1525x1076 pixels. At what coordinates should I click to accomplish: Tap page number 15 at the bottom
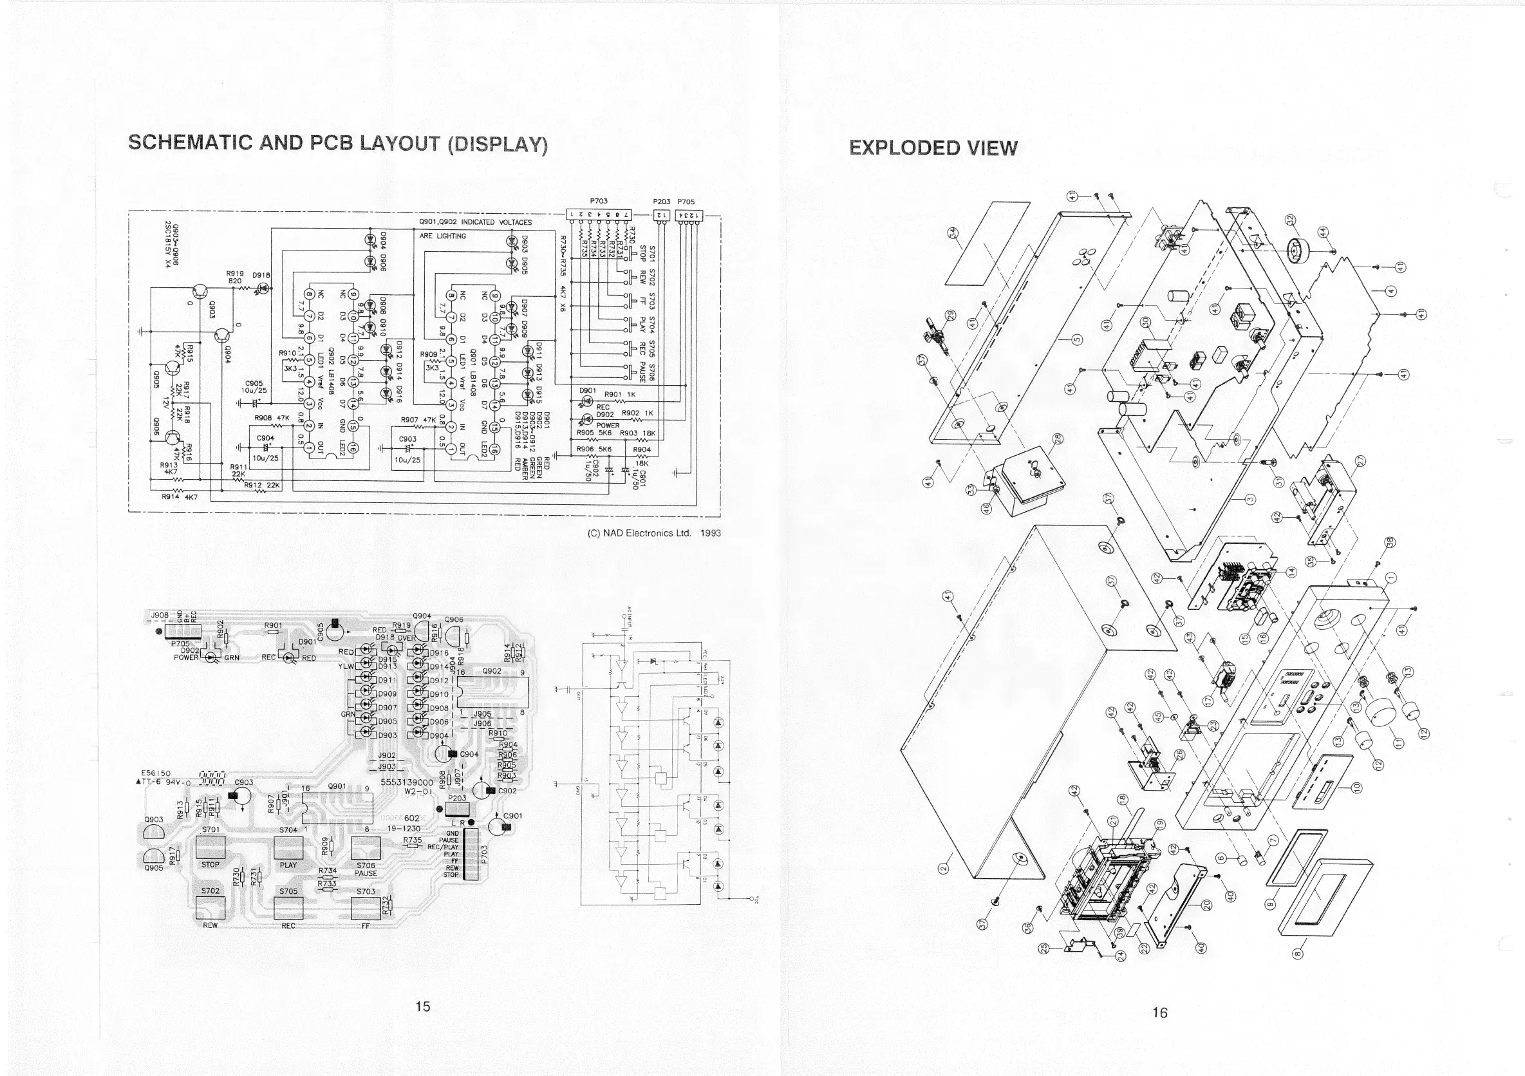422,1006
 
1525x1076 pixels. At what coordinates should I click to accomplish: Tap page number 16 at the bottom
1160,1013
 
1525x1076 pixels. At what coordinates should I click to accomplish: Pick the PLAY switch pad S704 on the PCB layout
288,849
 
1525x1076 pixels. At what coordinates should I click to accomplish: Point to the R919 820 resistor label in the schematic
235,277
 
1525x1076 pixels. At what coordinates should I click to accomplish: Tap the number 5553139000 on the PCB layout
406,782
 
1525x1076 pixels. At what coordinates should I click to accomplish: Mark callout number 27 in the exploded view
1360,461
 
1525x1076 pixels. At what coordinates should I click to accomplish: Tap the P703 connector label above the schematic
599,201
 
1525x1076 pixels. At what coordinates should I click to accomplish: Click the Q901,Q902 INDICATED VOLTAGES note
475,223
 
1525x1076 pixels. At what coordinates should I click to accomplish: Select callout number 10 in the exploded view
1357,788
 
